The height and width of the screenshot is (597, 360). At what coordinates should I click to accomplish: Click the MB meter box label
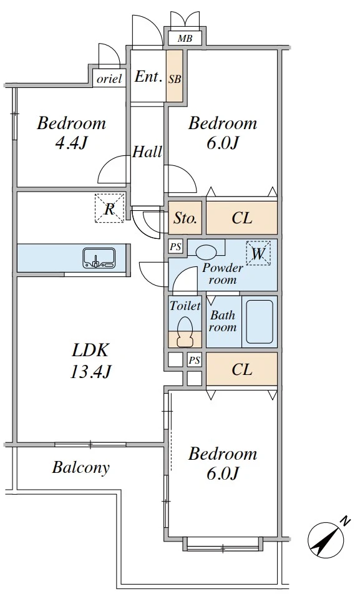(185, 39)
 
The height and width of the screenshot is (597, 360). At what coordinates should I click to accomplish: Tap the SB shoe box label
(175, 79)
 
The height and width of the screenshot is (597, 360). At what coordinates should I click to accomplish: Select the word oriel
(109, 79)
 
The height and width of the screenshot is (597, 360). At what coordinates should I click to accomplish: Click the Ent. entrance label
(147, 77)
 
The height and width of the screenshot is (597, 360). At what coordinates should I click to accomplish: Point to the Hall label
(147, 152)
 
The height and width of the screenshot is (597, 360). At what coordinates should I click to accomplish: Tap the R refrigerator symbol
(109, 208)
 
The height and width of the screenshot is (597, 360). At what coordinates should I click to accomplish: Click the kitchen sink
(99, 258)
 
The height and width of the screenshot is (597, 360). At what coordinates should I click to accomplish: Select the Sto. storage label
(185, 218)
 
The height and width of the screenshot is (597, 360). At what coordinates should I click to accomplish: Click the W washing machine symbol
(258, 253)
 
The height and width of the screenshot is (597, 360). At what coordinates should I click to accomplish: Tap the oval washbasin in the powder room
(206, 251)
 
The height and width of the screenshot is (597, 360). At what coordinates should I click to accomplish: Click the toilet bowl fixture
(185, 331)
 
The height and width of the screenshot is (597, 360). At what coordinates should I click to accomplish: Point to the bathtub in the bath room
(259, 322)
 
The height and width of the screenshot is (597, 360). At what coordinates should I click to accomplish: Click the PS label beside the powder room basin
(175, 246)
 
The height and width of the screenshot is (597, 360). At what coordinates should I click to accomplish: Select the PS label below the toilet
(194, 360)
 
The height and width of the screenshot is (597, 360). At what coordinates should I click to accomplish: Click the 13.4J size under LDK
(90, 371)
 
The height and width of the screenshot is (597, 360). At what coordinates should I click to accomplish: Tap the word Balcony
(80, 467)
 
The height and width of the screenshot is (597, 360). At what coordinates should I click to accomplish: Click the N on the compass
(345, 521)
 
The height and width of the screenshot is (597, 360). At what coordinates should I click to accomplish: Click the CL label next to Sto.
(242, 218)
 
